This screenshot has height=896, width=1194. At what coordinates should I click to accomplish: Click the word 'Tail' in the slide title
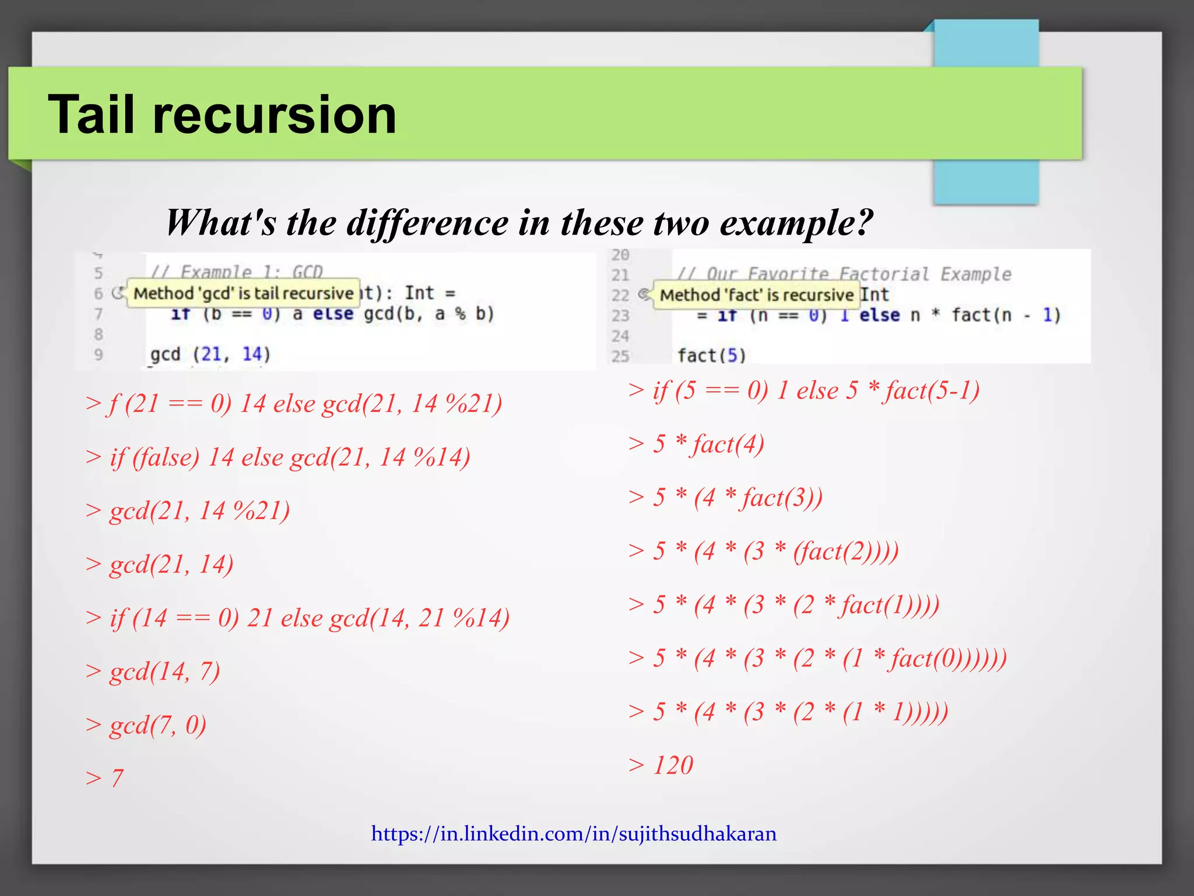(x=93, y=115)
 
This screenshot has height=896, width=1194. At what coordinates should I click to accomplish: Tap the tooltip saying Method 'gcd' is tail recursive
(x=243, y=293)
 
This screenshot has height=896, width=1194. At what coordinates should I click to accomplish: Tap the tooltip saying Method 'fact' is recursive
(x=756, y=295)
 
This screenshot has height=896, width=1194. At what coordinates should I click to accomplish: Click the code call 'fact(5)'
(x=711, y=355)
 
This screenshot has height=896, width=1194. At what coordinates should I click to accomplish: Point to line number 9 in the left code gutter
(x=99, y=354)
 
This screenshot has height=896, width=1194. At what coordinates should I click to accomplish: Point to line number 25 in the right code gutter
(x=620, y=356)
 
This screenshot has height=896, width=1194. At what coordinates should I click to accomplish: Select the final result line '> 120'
(x=661, y=765)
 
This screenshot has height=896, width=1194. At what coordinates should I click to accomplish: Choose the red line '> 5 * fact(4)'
(x=696, y=444)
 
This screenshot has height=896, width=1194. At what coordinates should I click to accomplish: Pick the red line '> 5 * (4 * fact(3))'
(x=725, y=498)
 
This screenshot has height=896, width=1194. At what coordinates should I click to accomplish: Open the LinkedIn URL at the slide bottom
(x=574, y=834)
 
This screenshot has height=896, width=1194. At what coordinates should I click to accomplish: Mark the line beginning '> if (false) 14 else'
(x=278, y=457)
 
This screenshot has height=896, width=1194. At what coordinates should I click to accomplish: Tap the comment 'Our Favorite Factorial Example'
(x=844, y=274)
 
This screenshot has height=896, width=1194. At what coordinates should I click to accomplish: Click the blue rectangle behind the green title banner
(x=985, y=181)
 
